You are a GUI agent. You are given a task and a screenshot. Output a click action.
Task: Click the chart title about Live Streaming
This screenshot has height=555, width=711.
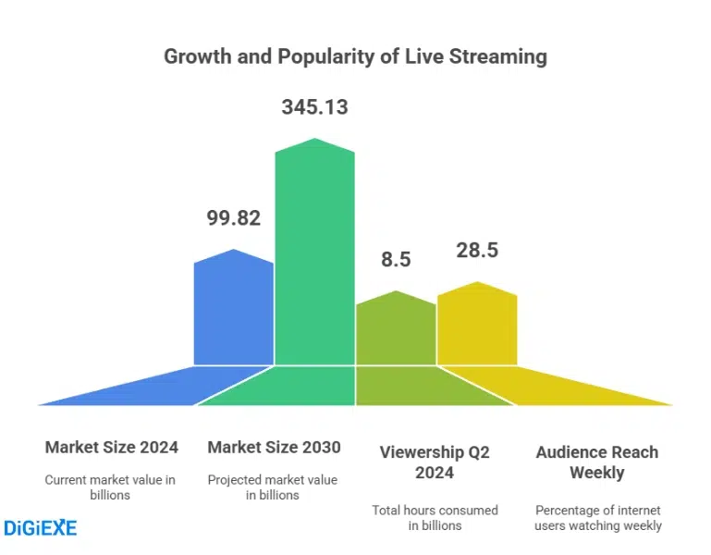coord(355,56)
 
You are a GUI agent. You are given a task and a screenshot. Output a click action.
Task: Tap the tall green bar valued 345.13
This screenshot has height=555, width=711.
coord(314,259)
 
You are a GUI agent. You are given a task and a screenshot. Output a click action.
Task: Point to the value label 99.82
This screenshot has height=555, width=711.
coord(233,219)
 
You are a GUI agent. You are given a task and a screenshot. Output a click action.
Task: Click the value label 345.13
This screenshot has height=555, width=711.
coord(314,107)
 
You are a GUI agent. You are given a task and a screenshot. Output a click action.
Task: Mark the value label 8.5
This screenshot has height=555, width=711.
coord(396,260)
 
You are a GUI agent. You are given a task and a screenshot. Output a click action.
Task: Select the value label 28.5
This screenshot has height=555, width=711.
coord(477,251)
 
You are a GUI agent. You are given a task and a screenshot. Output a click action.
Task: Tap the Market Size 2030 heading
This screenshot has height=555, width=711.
coord(274,448)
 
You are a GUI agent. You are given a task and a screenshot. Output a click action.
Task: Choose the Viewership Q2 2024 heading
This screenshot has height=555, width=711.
coord(435,462)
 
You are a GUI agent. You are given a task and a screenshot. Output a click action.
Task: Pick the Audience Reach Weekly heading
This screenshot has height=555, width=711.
coord(597,462)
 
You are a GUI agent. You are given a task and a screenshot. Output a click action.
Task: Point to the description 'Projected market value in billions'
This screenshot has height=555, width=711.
coord(273,487)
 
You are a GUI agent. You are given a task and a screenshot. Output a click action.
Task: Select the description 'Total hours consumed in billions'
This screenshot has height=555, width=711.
coord(435,518)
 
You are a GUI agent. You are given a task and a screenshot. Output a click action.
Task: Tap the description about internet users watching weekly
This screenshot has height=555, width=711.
coord(598,518)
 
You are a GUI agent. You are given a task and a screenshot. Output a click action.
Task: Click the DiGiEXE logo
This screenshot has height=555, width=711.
coord(41,528)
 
